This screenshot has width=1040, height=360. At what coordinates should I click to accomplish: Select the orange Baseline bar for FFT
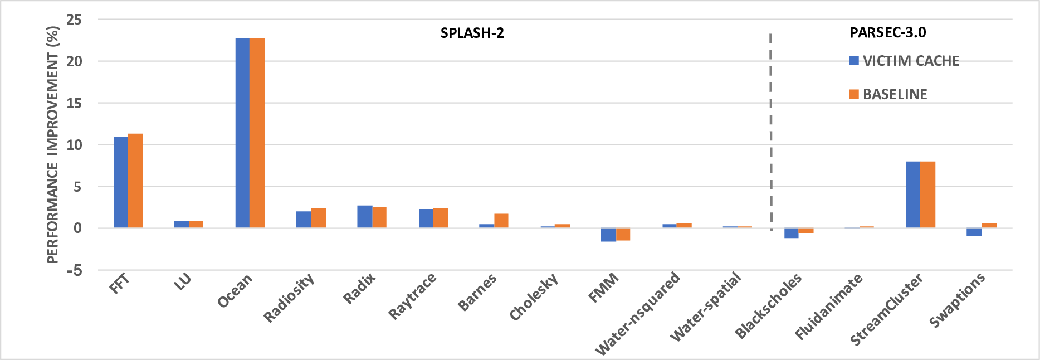[x=135, y=181]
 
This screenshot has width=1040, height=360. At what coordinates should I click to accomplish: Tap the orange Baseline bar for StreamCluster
[x=927, y=194]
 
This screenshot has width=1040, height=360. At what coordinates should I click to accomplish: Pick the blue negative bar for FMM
[x=608, y=235]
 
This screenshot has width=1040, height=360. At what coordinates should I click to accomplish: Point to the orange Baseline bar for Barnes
[x=501, y=221]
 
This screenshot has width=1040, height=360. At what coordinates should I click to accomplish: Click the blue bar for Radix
[x=364, y=217]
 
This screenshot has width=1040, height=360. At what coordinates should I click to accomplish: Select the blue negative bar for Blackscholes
[x=791, y=233]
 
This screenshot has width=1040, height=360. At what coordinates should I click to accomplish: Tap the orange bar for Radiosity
[x=318, y=218]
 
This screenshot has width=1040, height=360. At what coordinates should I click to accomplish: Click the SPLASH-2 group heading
[x=472, y=33]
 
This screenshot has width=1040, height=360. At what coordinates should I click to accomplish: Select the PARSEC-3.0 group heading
[x=887, y=32]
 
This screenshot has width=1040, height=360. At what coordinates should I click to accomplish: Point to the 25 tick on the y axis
[x=74, y=20]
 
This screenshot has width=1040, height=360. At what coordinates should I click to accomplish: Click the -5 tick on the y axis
[x=74, y=271]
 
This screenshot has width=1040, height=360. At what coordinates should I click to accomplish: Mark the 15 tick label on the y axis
[x=74, y=104]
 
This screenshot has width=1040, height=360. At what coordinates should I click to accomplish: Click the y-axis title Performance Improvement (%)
[x=53, y=145]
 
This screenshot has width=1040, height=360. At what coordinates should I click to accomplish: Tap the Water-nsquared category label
[x=638, y=313]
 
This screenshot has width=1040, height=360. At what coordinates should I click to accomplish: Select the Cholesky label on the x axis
[x=534, y=297]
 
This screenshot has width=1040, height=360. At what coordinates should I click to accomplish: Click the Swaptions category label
[x=957, y=299]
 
